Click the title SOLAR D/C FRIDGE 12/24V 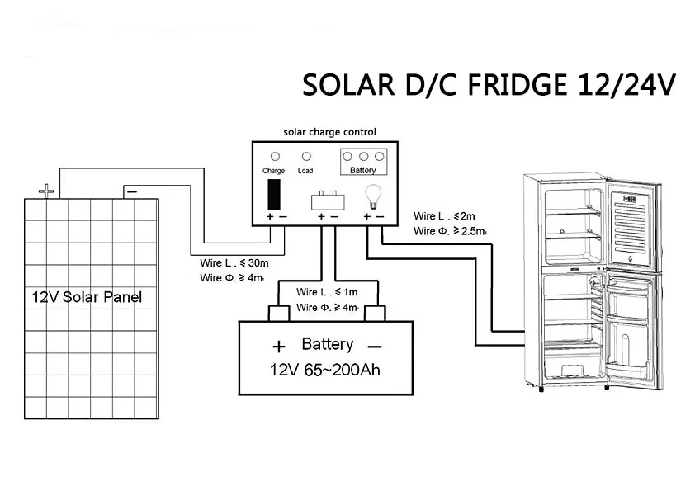[488, 85]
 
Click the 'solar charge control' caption [329, 131]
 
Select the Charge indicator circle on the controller [275, 155]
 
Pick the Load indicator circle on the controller [306, 155]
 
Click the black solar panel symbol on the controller [274, 194]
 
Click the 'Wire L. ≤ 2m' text [444, 216]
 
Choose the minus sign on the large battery [374, 346]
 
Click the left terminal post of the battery [278, 313]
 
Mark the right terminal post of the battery [376, 313]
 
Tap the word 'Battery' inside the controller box [363, 171]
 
